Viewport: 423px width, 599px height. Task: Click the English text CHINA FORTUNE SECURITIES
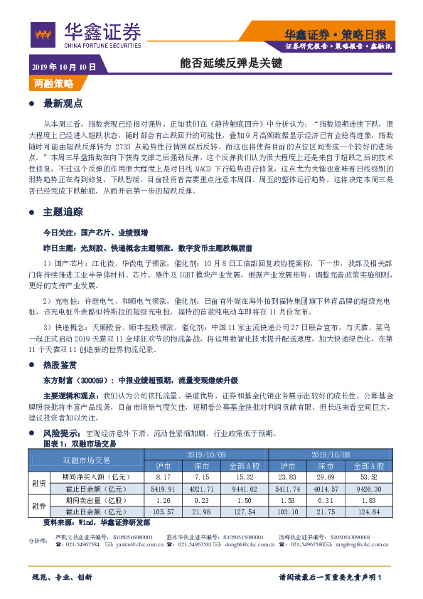102,45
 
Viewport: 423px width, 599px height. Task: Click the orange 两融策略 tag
53,83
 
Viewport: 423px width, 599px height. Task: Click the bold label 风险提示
60,433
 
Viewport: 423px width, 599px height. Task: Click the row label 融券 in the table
39,507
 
